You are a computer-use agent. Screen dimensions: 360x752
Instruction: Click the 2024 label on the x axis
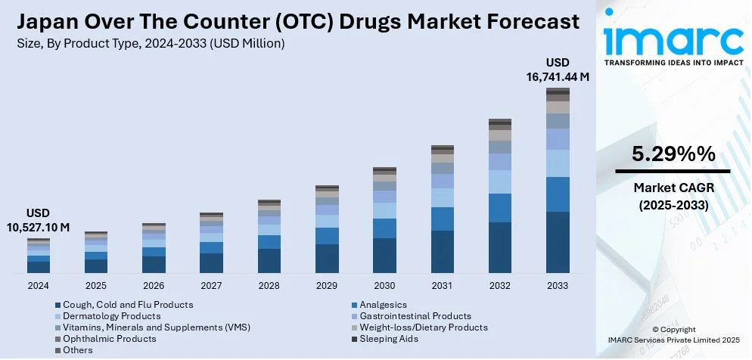(39, 286)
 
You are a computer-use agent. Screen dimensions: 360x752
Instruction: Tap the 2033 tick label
(558, 286)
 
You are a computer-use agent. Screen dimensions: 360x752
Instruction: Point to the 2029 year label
(327, 286)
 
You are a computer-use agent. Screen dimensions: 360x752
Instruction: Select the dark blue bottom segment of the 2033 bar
(558, 242)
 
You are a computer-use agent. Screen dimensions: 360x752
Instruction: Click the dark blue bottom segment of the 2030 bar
(384, 255)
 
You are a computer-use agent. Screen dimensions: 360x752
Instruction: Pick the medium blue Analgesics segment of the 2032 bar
(500, 208)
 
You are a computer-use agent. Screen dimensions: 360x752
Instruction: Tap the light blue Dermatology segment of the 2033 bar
(558, 163)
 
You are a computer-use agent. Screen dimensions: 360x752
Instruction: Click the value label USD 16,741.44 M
(558, 69)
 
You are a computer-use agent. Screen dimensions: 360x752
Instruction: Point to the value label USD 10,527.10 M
(39, 220)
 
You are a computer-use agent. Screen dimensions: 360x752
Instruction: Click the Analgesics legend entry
(384, 305)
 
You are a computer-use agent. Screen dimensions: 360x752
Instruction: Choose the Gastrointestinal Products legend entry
(415, 316)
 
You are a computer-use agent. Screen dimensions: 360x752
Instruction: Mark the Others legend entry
(78, 350)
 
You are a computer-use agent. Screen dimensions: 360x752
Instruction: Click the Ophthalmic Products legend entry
(109, 339)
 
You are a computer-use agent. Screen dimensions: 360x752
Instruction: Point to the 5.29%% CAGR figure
(673, 155)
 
